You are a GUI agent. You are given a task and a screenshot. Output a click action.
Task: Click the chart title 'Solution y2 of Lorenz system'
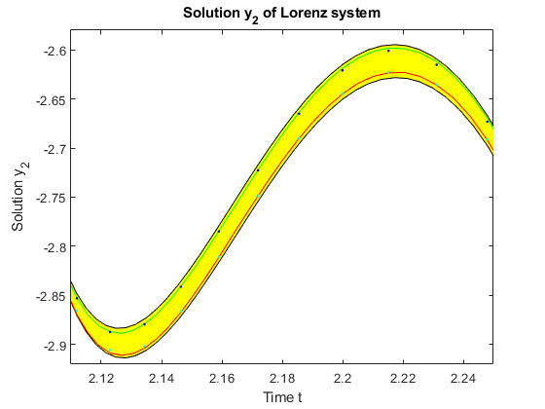click(x=281, y=14)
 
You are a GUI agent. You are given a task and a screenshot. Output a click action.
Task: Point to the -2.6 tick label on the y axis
click(x=54, y=51)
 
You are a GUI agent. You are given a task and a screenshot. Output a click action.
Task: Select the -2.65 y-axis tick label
click(x=51, y=100)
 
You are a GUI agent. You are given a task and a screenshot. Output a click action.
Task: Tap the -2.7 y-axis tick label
click(x=54, y=149)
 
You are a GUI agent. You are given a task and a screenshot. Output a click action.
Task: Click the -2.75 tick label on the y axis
click(x=51, y=199)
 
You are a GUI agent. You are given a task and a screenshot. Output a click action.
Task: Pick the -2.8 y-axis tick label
click(x=54, y=247)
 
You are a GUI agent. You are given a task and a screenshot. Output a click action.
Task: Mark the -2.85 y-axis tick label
click(x=51, y=296)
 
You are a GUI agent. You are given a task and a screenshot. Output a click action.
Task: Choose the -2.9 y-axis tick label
click(x=54, y=346)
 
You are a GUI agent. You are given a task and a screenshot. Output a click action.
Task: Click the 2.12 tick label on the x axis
click(x=101, y=378)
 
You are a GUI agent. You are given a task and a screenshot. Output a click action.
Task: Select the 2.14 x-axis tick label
click(x=162, y=378)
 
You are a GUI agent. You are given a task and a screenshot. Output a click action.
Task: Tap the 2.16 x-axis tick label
click(x=222, y=378)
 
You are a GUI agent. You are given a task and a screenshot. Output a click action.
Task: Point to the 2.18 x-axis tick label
click(x=282, y=378)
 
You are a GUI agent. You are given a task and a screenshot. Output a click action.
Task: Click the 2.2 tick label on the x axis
click(x=343, y=378)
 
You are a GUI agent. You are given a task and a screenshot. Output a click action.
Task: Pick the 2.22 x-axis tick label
click(x=403, y=378)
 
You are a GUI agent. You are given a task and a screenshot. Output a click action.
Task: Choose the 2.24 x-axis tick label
click(x=463, y=378)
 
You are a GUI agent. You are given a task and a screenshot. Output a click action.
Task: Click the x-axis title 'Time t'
click(x=282, y=397)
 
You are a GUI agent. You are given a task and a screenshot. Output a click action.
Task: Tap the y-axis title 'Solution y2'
click(x=19, y=197)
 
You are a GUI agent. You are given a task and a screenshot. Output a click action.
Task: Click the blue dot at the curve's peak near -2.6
click(x=388, y=51)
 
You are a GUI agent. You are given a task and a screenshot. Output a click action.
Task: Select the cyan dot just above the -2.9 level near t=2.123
click(x=110, y=350)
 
